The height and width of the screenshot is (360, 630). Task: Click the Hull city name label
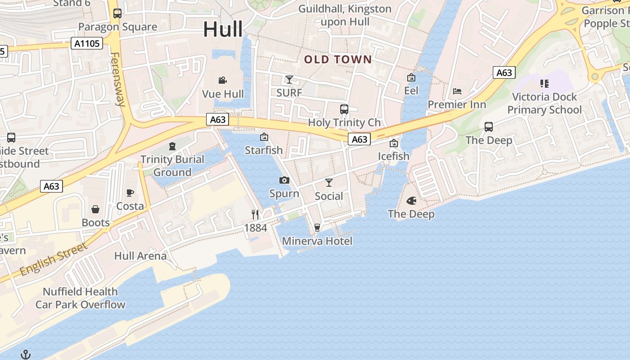point(223,29)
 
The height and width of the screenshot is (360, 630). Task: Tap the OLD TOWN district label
point(338,59)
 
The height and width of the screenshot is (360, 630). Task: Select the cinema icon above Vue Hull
point(222,81)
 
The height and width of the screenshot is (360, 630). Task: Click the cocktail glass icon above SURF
point(289,80)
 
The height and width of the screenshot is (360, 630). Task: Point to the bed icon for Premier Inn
point(457,91)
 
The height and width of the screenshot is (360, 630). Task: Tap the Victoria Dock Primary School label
point(544,103)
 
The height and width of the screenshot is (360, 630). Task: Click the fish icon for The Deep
point(411,201)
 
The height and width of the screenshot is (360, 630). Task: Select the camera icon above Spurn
point(284,180)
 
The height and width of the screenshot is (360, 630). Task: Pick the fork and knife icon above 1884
point(255,215)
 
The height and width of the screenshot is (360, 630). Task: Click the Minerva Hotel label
point(317,241)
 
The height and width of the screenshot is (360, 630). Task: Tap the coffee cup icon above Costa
point(130,193)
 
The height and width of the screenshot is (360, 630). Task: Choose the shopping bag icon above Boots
point(95,209)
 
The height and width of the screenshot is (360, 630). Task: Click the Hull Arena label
point(140,256)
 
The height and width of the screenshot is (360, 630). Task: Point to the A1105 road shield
point(87,43)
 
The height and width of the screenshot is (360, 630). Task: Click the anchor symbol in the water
point(26,355)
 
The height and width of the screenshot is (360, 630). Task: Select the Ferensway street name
point(118,79)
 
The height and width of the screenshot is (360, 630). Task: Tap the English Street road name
point(53,260)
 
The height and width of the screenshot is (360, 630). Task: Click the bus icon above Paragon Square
point(117,13)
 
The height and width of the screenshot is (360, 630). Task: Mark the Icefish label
point(394,156)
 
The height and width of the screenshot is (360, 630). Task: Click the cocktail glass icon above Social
point(329,183)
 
